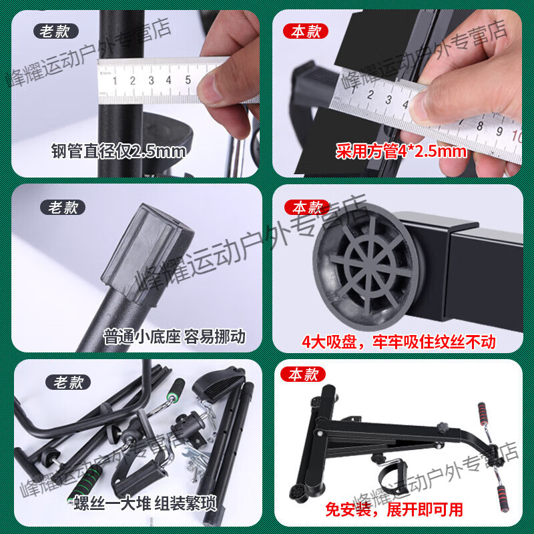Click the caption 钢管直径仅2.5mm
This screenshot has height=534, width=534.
click(119, 152)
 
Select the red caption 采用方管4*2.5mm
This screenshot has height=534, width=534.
click(400, 152)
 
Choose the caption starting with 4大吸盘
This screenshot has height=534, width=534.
click(399, 342)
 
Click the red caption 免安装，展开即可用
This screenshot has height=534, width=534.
click(394, 510)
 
